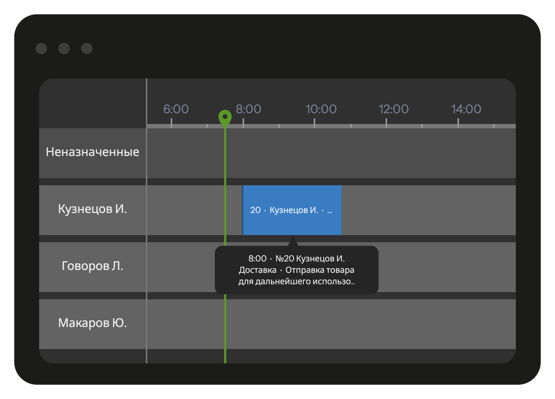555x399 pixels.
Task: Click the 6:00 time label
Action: (x=176, y=109)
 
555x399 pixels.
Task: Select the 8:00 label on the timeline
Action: (x=248, y=109)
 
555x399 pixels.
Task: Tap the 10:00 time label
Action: (x=321, y=109)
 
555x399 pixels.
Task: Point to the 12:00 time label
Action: (x=394, y=109)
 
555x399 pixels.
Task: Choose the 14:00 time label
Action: (x=466, y=109)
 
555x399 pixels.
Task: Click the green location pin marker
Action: (x=225, y=118)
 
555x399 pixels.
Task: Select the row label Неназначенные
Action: (x=92, y=152)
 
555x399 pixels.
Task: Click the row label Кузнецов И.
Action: (x=92, y=209)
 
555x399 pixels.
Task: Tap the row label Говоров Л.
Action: (x=92, y=266)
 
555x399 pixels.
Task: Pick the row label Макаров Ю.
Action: (x=92, y=323)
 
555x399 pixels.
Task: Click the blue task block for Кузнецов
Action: (x=292, y=210)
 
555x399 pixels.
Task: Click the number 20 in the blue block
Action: (x=255, y=210)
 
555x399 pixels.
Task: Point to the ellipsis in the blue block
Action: (x=330, y=212)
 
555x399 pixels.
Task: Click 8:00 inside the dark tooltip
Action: (x=257, y=259)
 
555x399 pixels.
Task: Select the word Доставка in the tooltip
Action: (x=257, y=270)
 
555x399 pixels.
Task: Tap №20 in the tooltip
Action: (x=285, y=259)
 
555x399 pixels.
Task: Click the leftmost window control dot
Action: (x=42, y=48)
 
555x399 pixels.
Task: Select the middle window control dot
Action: (x=64, y=48)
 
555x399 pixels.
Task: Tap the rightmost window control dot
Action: (x=87, y=48)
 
